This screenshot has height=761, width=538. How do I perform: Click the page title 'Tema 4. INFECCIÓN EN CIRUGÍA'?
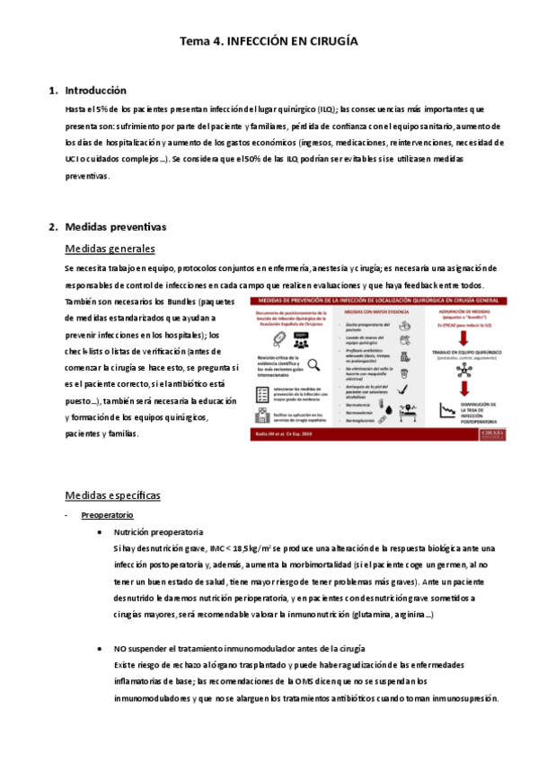pos(269,41)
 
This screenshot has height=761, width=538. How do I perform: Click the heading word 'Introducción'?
pos(96,91)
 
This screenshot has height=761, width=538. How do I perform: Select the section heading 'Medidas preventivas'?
pos(116,227)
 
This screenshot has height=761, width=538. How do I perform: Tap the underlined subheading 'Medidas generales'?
pos(110,249)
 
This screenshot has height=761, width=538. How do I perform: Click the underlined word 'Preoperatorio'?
pos(108,515)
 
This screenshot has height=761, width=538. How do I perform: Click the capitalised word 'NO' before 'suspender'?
pos(121,649)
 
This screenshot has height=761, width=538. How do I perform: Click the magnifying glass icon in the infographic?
pos(315,363)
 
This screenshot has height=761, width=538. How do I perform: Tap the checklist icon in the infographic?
pos(261,393)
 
